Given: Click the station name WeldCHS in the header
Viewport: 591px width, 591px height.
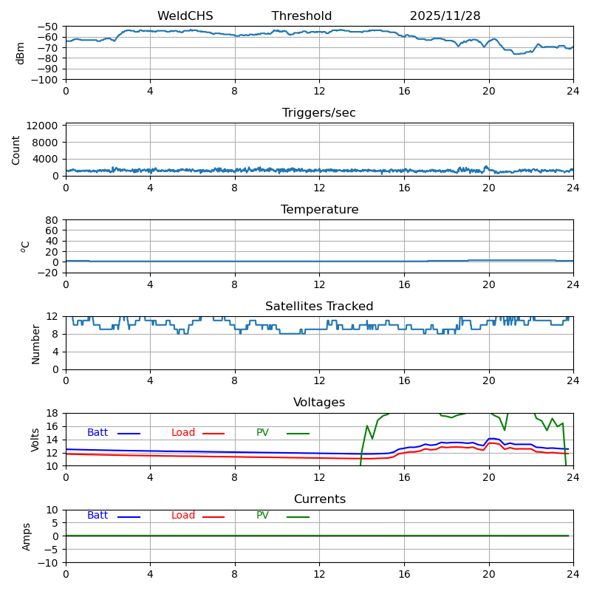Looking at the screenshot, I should (185, 16).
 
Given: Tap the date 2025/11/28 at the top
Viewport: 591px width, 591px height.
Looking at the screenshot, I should (445, 16).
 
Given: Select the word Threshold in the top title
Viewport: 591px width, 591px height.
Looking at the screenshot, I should (301, 16).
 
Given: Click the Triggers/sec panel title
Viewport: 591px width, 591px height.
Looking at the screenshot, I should (319, 113).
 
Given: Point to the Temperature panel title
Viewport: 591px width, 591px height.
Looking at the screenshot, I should (319, 210).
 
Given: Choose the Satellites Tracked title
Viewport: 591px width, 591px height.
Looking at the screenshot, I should (319, 307).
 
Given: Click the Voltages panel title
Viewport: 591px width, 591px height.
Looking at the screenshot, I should (319, 403).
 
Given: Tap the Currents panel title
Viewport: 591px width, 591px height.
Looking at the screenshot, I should (319, 499).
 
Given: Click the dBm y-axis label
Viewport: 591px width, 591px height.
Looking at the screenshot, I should (21, 53).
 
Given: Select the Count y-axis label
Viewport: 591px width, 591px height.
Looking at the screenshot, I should (16, 149).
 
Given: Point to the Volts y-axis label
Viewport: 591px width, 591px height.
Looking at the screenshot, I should (35, 440).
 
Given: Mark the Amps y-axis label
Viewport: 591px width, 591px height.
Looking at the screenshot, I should (27, 536).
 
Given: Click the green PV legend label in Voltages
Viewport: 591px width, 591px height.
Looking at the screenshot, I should (263, 433).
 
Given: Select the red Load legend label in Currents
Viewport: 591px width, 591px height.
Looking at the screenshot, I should (183, 516).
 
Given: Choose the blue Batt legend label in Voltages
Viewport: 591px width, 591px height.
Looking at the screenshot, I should (98, 433).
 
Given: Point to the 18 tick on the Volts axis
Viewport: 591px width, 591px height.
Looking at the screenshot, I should (53, 413).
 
